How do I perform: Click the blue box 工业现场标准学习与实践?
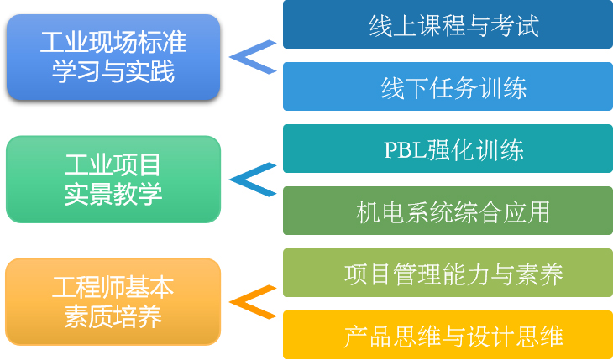[113, 57]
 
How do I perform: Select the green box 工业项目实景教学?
[113, 179]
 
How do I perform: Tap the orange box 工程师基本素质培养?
[113, 302]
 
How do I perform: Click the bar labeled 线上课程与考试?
[448, 25]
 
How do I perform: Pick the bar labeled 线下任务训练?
[448, 86]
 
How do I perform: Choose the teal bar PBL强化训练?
[448, 149]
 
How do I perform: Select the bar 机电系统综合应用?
[448, 211]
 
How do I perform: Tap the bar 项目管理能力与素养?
[448, 273]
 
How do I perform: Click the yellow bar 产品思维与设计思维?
[448, 335]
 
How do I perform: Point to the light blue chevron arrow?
[252, 57]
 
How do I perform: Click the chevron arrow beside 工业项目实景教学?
[252, 179]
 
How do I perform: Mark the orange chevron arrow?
[252, 302]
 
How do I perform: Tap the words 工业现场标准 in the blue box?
[113, 41]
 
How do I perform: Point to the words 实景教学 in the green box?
[113, 195]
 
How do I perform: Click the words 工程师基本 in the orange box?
[113, 287]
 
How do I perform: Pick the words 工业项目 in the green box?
[113, 164]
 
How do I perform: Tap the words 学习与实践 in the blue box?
[113, 72]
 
